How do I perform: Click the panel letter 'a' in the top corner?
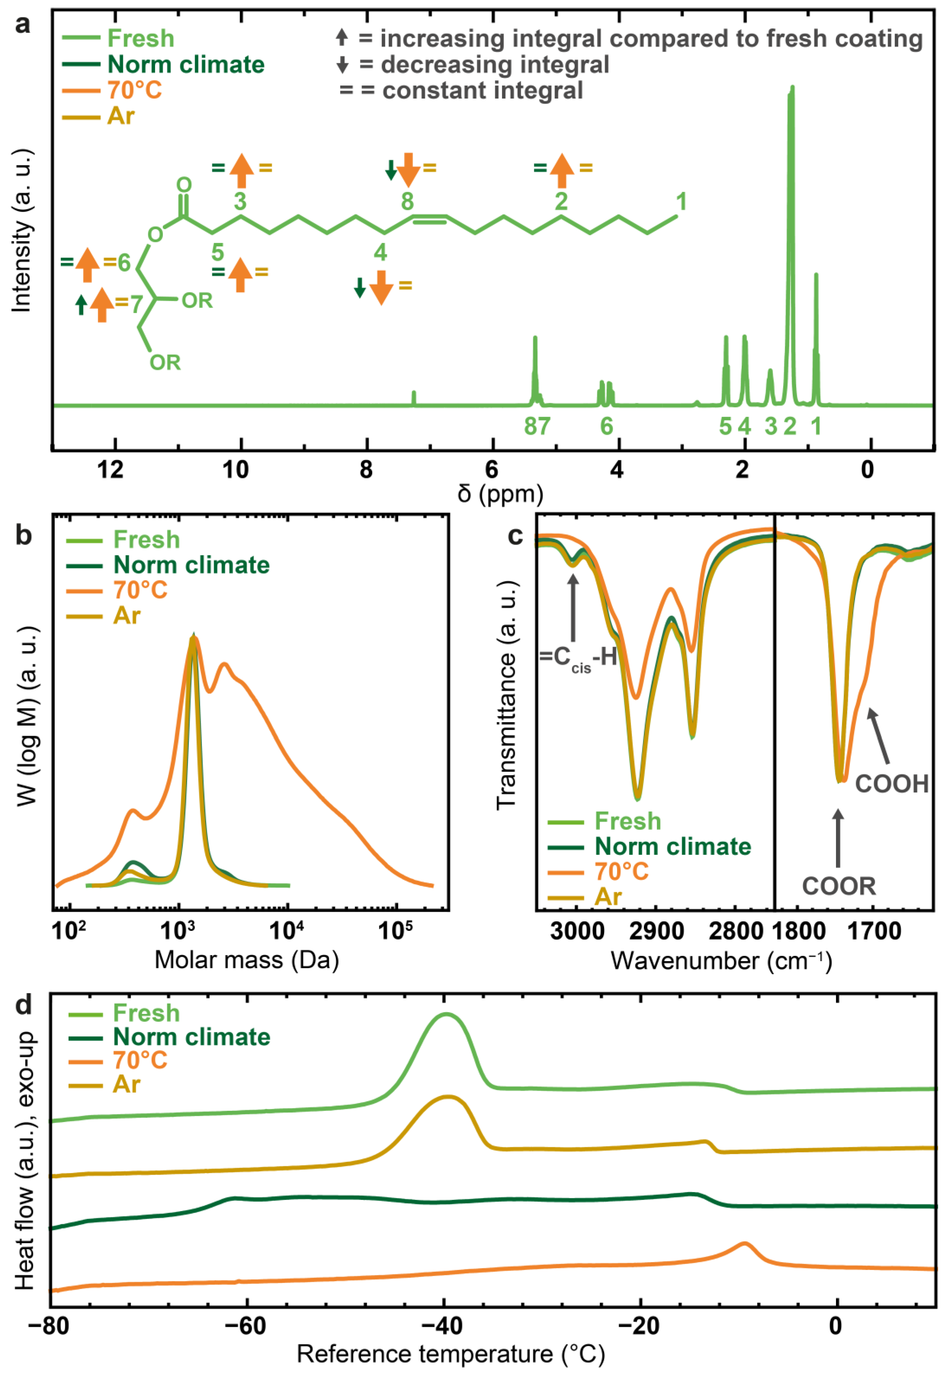(22, 25)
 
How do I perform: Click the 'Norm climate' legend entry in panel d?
(191, 1037)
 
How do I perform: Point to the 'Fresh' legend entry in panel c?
(627, 821)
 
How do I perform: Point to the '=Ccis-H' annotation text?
(578, 658)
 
